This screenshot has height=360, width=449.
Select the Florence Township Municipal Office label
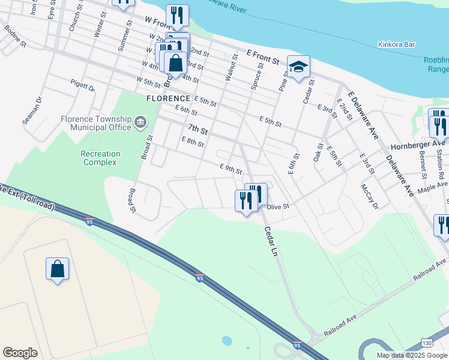coord(96,123)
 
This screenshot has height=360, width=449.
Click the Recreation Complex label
coord(100,158)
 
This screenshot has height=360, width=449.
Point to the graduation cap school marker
coord(298,68)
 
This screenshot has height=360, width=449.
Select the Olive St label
coord(278,206)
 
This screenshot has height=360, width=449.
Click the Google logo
coord(20,353)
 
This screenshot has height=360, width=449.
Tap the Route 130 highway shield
coord(426,342)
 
